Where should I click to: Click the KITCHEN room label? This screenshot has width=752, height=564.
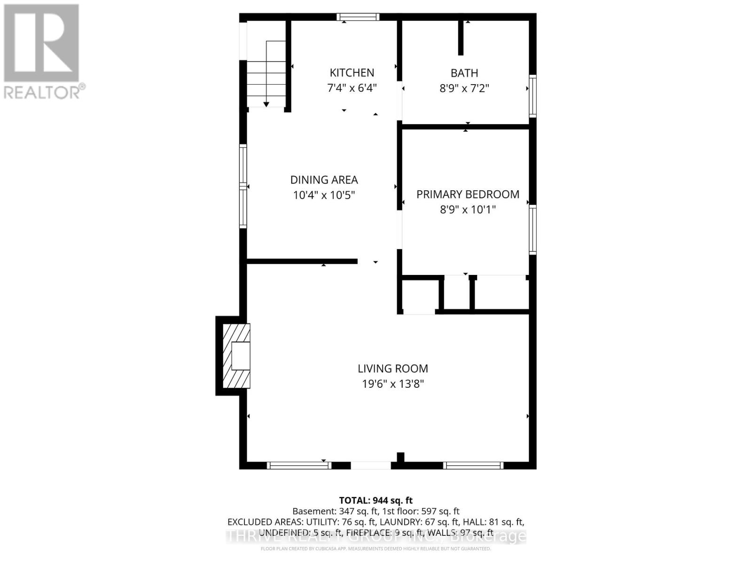click(x=352, y=73)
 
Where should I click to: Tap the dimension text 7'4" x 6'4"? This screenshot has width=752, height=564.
click(x=352, y=88)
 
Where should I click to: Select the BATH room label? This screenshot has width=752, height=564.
click(x=464, y=73)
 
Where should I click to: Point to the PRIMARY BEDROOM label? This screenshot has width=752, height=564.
click(x=468, y=195)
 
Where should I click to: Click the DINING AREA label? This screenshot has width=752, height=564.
click(x=324, y=180)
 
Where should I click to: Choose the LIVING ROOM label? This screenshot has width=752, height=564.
click(x=392, y=369)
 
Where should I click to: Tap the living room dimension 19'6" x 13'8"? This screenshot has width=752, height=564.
click(x=392, y=384)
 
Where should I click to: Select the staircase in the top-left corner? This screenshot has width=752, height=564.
click(x=266, y=70)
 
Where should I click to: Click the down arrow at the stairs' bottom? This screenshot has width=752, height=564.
click(x=266, y=104)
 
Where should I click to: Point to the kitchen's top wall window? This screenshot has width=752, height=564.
click(x=358, y=17)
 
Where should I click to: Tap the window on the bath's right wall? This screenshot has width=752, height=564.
click(x=533, y=96)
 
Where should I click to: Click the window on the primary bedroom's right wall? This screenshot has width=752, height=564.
click(x=533, y=230)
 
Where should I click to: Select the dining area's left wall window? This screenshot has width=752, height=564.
click(x=243, y=187)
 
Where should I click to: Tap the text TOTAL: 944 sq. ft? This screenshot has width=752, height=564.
click(x=376, y=501)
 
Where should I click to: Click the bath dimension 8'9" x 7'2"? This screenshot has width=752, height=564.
click(x=464, y=88)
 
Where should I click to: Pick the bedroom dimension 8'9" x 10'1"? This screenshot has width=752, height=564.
click(x=468, y=210)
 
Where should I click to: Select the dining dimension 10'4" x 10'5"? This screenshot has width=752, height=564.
click(x=324, y=195)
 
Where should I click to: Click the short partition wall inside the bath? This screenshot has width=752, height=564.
click(x=461, y=38)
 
